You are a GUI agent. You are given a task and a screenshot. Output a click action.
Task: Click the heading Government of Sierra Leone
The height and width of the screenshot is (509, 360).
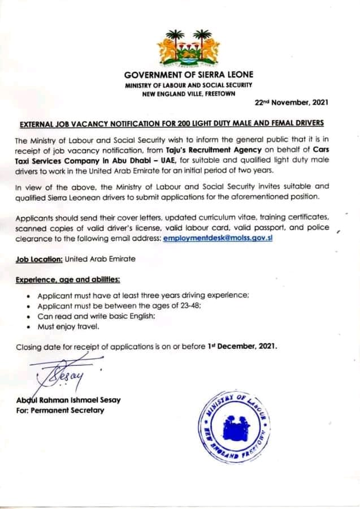pos(189,75)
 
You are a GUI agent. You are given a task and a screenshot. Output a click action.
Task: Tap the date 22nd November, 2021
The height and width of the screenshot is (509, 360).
pos(291,103)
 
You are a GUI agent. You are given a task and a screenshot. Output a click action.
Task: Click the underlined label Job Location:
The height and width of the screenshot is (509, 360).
pos(39,259)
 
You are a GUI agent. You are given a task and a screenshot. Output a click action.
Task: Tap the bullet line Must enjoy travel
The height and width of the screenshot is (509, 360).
pos(68,326)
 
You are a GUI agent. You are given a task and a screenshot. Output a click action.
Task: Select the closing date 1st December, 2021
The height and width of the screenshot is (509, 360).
pos(242,346)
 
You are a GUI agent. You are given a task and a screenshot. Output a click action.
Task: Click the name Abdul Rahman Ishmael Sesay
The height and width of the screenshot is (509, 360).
pos(68,400)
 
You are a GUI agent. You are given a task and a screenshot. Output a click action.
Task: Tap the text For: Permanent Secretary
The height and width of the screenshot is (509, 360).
pos(60,410)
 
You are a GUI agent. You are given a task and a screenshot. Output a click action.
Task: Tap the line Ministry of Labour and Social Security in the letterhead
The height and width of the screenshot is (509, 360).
pos(189,84)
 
